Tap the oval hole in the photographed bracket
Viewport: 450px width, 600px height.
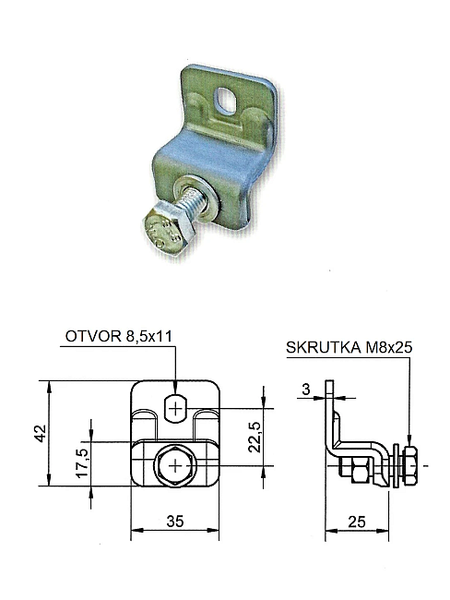pyautogui.click(x=227, y=99)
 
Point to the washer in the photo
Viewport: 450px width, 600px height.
pyautogui.click(x=195, y=200)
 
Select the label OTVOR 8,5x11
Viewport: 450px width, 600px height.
pyautogui.click(x=119, y=336)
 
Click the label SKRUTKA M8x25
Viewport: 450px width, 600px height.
pyautogui.click(x=349, y=347)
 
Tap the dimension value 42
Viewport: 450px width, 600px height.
pyautogui.click(x=41, y=434)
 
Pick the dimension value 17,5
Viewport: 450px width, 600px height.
pyautogui.click(x=82, y=462)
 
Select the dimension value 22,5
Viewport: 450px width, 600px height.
pyautogui.click(x=255, y=437)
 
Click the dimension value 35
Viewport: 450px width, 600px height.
pyautogui.click(x=175, y=522)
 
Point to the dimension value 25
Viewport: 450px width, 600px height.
pyautogui.click(x=356, y=522)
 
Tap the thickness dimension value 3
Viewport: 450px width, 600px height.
pyautogui.click(x=306, y=390)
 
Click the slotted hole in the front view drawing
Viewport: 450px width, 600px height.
pyautogui.click(x=175, y=409)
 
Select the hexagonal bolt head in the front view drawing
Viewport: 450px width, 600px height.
pyautogui.click(x=175, y=466)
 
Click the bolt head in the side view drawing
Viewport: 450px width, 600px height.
pyautogui.click(x=409, y=466)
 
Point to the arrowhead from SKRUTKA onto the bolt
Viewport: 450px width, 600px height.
pyautogui.click(x=409, y=440)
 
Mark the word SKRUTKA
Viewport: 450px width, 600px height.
pyautogui.click(x=324, y=347)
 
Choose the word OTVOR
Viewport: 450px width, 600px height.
pyautogui.click(x=93, y=336)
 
